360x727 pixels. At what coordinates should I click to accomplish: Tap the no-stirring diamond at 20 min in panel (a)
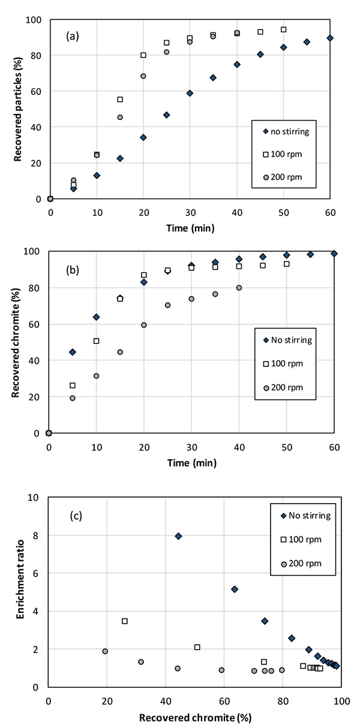pos(143,137)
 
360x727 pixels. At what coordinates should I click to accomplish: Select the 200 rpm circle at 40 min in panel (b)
pos(239,288)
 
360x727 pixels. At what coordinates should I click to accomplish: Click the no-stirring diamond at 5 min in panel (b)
pos(73,352)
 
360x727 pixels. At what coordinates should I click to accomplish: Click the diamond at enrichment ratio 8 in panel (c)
pos(178,535)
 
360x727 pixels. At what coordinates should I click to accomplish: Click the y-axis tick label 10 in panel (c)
pos(35,498)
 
